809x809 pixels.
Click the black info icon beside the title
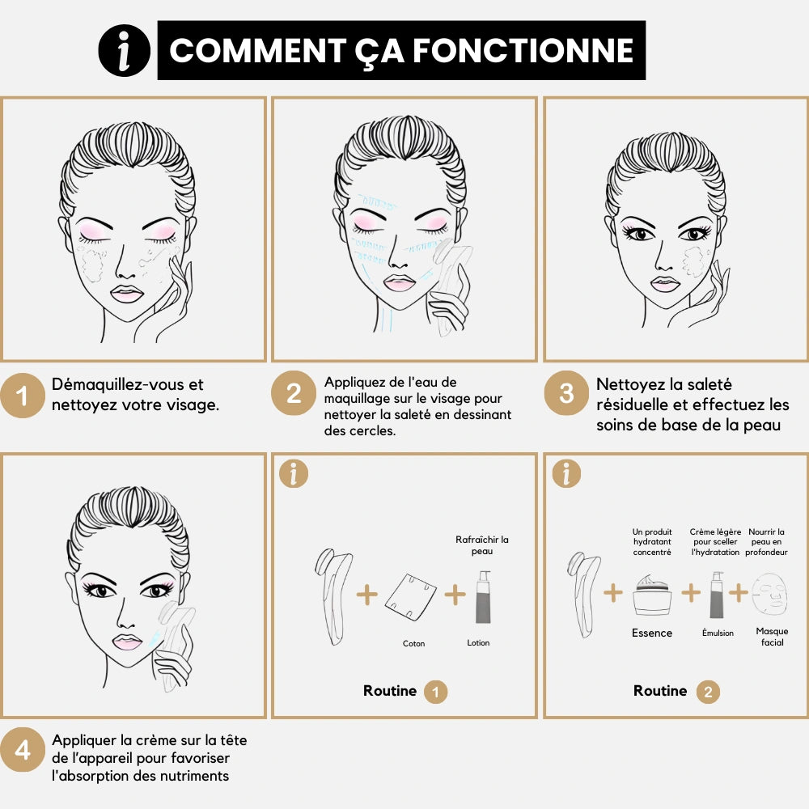click(125, 50)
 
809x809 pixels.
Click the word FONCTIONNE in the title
click(523, 50)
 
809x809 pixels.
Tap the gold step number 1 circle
click(23, 396)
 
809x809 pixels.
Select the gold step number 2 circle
click(294, 393)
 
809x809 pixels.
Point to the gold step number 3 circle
click(566, 393)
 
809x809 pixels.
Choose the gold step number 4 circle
click(23, 750)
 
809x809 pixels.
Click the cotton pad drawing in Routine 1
click(411, 596)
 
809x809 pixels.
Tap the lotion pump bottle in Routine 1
click(484, 597)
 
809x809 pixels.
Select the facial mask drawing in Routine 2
click(770, 594)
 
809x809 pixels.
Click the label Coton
click(413, 643)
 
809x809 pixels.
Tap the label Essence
click(652, 633)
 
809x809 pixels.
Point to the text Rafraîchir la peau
click(482, 545)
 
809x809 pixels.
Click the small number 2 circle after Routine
click(708, 692)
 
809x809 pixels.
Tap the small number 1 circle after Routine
click(435, 692)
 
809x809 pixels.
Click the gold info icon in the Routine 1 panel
click(294, 473)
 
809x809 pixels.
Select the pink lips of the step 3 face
click(665, 284)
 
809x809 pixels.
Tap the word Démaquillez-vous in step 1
click(119, 384)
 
